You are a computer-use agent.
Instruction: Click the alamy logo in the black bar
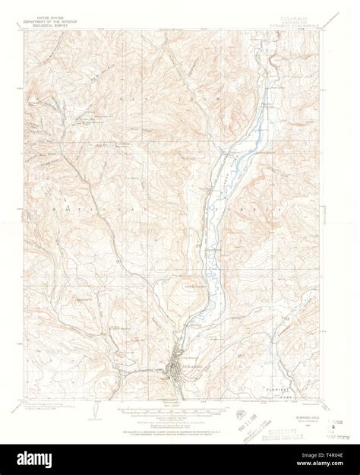point(30,459)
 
